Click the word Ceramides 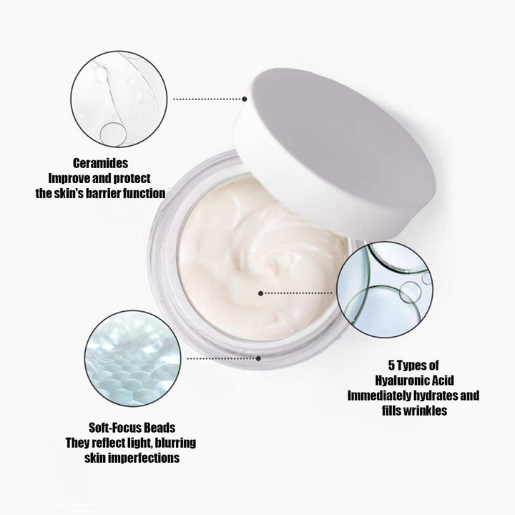tap(101, 163)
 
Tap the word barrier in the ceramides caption tap(103, 193)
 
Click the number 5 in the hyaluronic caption tap(391, 366)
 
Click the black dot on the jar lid tap(245, 99)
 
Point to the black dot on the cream tap(260, 293)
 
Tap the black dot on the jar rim tap(258, 358)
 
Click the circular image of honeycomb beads tap(133, 358)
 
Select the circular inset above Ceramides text tap(119, 99)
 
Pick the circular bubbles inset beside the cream tap(385, 290)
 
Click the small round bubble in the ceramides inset tap(113, 134)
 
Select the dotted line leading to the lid tap(207, 99)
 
